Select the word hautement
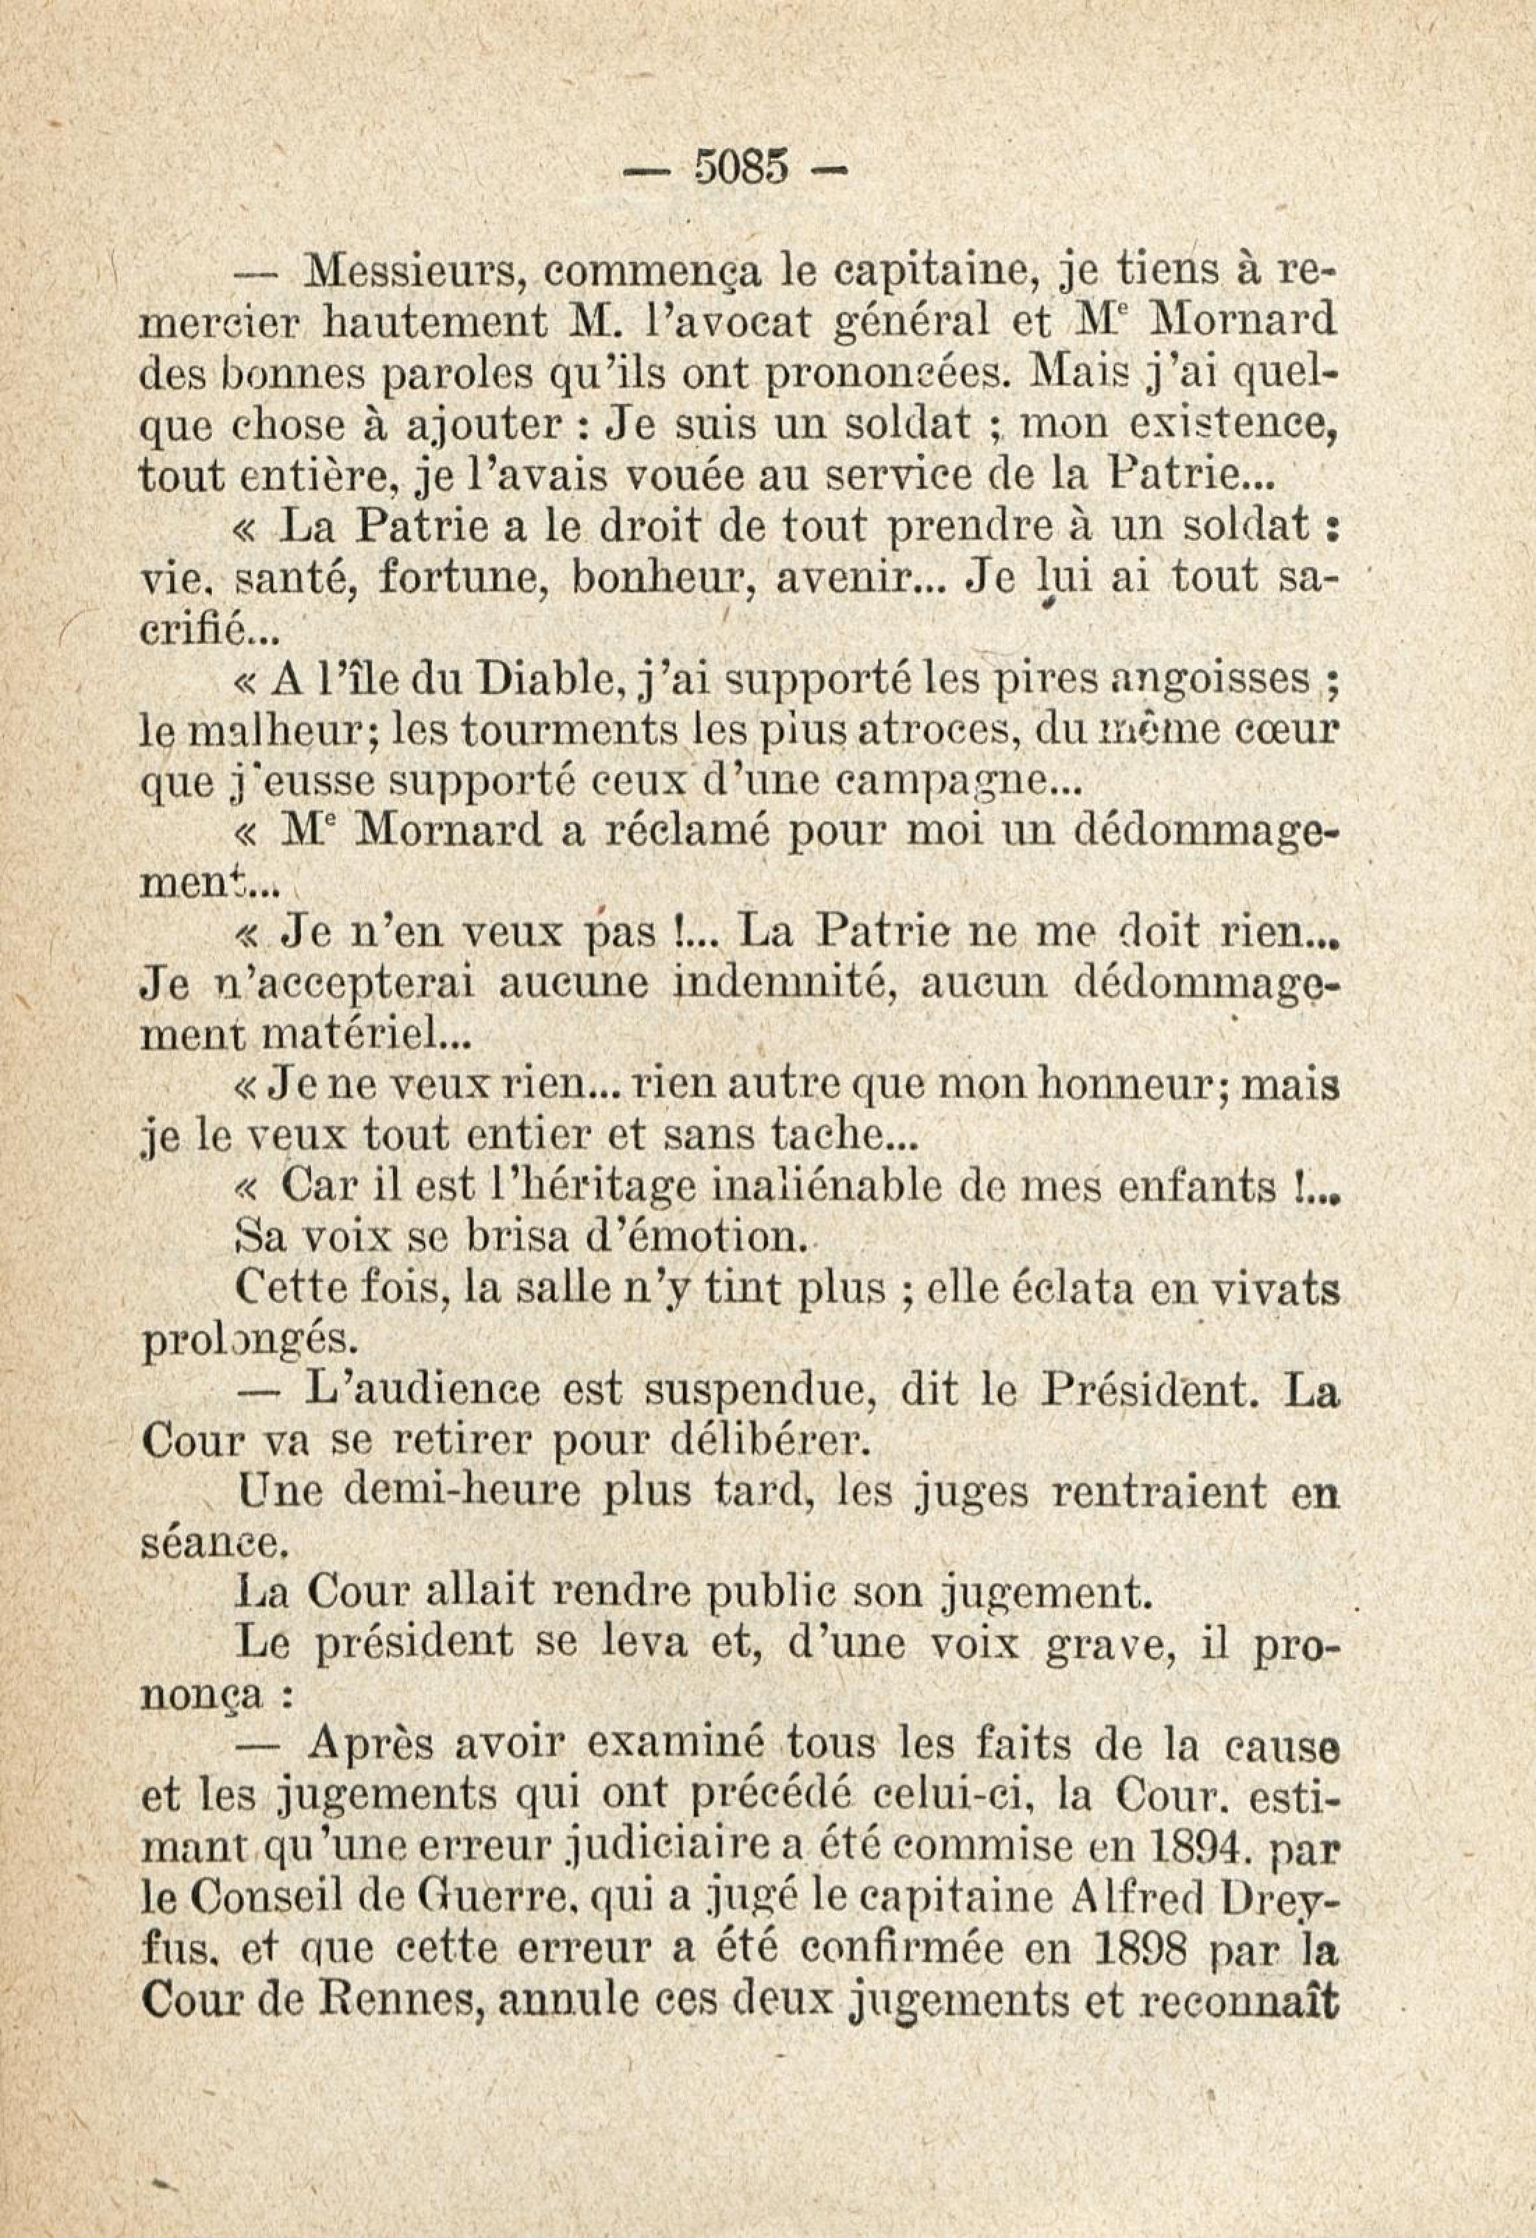click(x=437, y=321)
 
